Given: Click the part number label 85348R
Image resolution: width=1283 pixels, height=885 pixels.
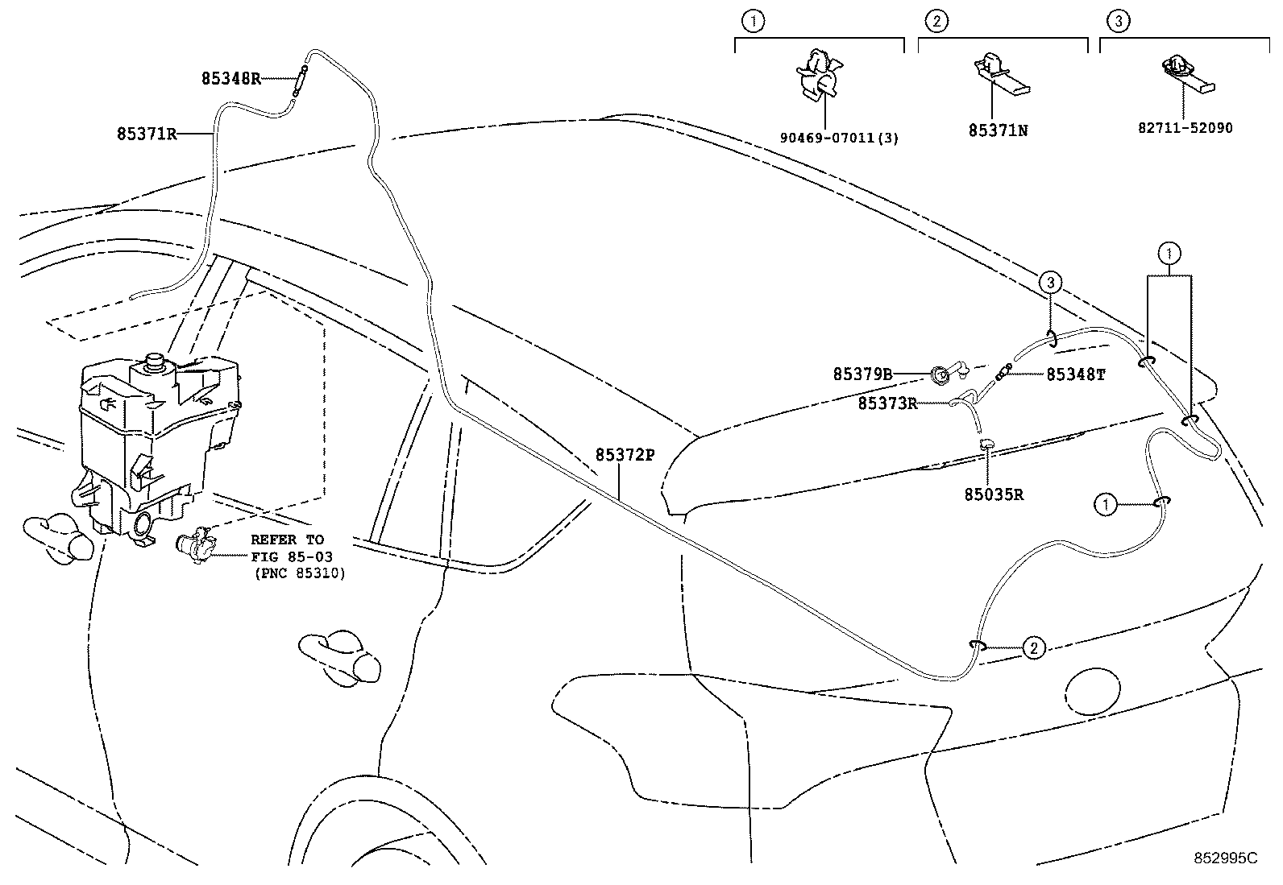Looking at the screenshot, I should [230, 78].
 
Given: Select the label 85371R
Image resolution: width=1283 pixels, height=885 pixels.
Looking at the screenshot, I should [145, 134].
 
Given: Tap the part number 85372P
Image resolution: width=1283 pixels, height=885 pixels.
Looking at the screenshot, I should [624, 455].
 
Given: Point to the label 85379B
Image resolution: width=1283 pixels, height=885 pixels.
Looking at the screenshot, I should [862, 374].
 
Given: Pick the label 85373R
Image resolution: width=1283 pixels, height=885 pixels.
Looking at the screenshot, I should [887, 403].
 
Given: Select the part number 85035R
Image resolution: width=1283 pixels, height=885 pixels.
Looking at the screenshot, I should [994, 494].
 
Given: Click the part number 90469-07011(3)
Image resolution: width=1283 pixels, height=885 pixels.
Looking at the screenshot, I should [839, 138].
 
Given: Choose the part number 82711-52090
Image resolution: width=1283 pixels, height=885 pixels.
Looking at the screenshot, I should [1181, 127].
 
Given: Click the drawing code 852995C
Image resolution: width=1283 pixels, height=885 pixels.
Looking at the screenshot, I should [1225, 858].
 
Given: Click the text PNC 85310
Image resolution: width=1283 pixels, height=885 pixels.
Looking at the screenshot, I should [299, 573].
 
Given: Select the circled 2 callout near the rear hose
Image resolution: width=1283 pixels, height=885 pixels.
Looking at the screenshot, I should [1034, 647].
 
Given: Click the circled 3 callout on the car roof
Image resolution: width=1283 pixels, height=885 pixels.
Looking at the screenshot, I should [1049, 282].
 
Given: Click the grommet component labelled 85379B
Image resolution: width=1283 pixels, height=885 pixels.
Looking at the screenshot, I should [940, 374].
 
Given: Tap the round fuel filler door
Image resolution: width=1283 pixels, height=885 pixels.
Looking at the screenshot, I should [1092, 691].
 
